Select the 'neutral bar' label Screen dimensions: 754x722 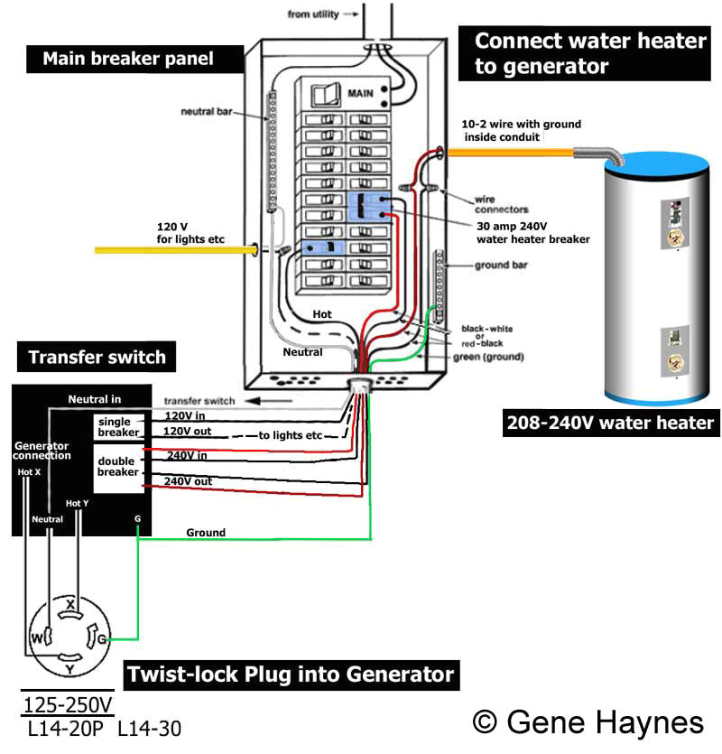(x=208, y=113)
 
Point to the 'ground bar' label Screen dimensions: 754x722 (x=501, y=265)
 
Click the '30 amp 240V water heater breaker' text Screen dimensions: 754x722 (x=532, y=233)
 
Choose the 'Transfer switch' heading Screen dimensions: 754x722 (x=97, y=357)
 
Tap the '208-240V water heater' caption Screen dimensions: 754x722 (x=610, y=423)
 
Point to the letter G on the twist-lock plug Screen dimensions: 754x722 (x=101, y=639)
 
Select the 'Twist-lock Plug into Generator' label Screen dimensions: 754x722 (x=289, y=674)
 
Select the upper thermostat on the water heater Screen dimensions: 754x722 (x=671, y=226)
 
